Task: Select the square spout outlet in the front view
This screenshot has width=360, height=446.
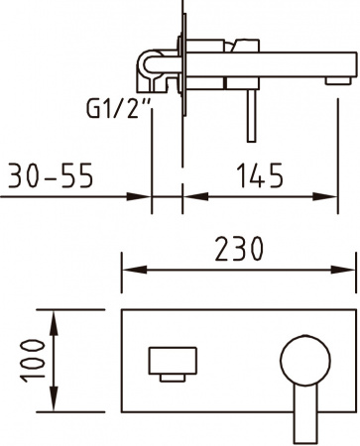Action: click(x=172, y=362)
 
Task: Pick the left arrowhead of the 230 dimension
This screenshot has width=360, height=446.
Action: click(x=128, y=269)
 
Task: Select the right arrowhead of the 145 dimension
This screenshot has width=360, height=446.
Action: click(x=348, y=195)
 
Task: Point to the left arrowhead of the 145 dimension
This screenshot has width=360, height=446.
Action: click(x=189, y=195)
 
